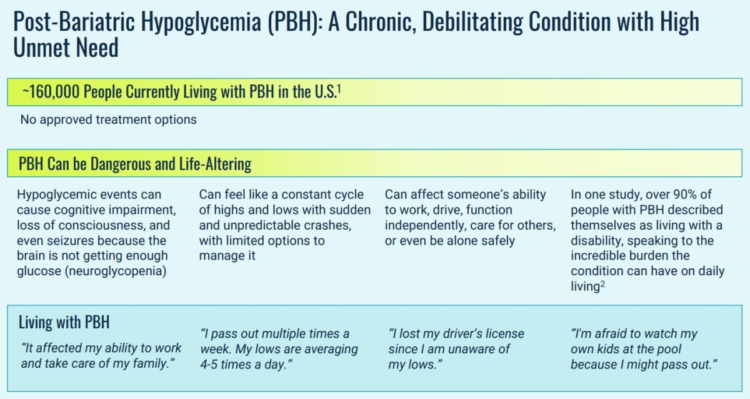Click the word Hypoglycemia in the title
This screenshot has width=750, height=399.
201,22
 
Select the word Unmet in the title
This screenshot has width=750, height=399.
41,48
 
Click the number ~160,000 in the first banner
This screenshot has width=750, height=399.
51,92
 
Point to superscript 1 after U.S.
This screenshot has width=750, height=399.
339,88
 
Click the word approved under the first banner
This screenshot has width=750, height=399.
66,120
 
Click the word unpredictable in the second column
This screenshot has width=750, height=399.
260,226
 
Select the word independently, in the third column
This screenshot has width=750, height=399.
425,226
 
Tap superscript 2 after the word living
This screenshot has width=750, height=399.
602,284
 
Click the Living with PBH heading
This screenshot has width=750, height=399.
64,322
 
